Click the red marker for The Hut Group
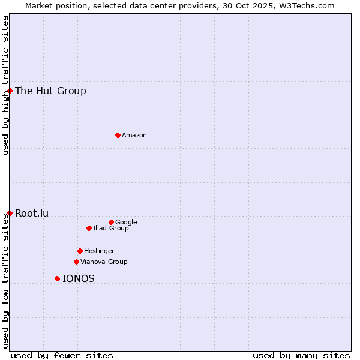pyautogui.click(x=10, y=91)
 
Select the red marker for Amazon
pyautogui.click(x=118, y=135)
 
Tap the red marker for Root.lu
pyautogui.click(x=10, y=213)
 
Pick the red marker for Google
pyautogui.click(x=111, y=222)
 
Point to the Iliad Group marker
pyautogui.click(x=89, y=228)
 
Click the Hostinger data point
pyautogui.click(x=80, y=251)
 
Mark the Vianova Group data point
pyautogui.click(x=76, y=262)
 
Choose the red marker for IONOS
pyautogui.click(x=57, y=278)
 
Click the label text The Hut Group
pyautogui.click(x=50, y=91)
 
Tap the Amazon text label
pyautogui.click(x=134, y=136)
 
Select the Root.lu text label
pyautogui.click(x=32, y=213)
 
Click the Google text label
pyautogui.click(x=126, y=223)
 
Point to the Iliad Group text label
pyautogui.click(x=111, y=229)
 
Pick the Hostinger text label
pyautogui.click(x=99, y=251)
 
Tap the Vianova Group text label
pyautogui.click(x=104, y=262)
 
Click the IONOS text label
pyautogui.click(x=79, y=279)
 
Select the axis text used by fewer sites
pyautogui.click(x=62, y=355)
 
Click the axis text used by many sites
pyautogui.click(x=301, y=355)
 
